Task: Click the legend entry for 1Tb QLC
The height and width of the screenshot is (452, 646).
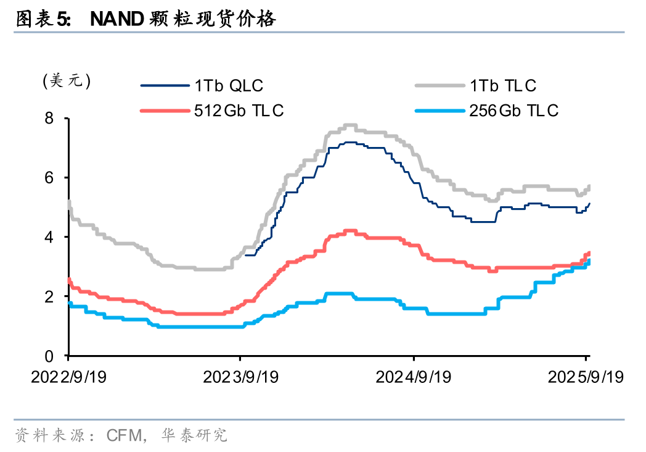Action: [229, 85]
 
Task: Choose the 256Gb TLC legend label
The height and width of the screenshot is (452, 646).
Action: [513, 111]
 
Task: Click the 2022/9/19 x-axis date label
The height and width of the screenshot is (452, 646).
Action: [68, 377]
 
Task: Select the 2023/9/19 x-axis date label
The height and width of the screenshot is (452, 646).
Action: [240, 377]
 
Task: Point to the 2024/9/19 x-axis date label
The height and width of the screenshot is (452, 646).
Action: [414, 377]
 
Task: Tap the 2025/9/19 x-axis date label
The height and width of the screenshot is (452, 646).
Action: [586, 377]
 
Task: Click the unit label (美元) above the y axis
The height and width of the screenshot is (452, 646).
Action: [67, 81]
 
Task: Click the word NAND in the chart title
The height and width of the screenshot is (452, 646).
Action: [117, 20]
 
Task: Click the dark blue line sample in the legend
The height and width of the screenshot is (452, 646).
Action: [165, 85]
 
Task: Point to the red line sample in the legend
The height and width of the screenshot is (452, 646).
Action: [165, 111]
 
